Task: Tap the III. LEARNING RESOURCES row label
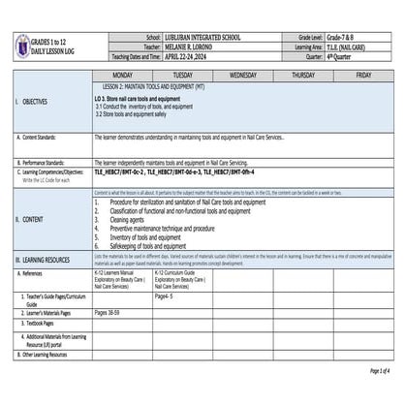click(48, 261)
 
